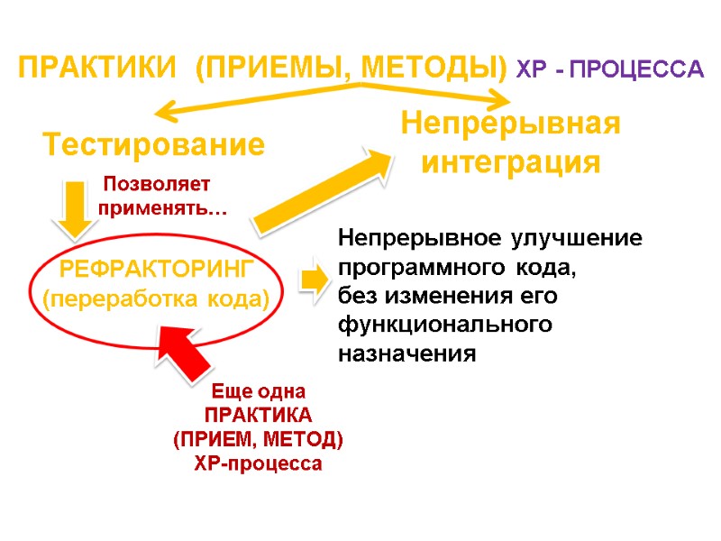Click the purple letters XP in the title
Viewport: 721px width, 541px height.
pyautogui.click(x=531, y=69)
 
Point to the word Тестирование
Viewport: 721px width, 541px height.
pyautogui.click(x=154, y=144)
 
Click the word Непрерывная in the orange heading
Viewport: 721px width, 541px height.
pyautogui.click(x=511, y=123)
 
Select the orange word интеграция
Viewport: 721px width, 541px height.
pyautogui.click(x=511, y=163)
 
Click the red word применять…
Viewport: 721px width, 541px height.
pyautogui.click(x=162, y=209)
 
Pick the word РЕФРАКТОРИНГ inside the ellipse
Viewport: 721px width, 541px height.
pyautogui.click(x=158, y=268)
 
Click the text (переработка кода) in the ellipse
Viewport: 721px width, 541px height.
pyautogui.click(x=158, y=298)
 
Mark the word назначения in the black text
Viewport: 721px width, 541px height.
pyautogui.click(x=406, y=353)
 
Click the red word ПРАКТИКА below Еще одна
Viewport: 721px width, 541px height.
pyautogui.click(x=258, y=416)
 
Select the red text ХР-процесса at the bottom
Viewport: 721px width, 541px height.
pyautogui.click(x=258, y=464)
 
